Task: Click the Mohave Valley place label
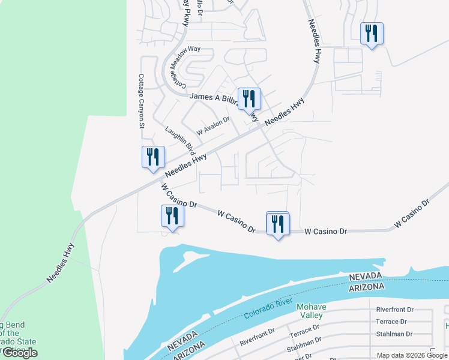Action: [x=310, y=311]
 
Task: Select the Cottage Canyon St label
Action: [x=142, y=101]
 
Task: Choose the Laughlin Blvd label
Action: [x=180, y=139]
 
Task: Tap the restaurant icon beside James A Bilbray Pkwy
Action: [x=247, y=99]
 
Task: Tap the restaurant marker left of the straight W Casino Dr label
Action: [x=277, y=224]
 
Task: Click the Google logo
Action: [x=20, y=353]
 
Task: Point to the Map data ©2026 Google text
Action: [x=411, y=355]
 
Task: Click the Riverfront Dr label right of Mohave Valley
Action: [x=394, y=310]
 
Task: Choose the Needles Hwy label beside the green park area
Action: [x=61, y=263]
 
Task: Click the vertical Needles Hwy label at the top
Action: [x=314, y=41]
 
